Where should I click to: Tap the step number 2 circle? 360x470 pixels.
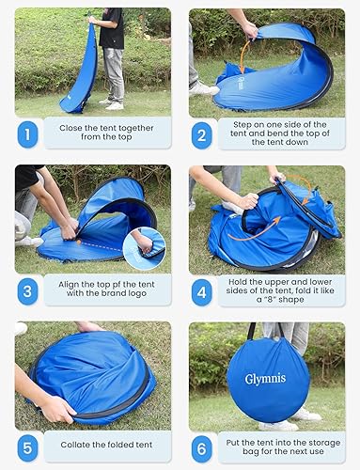[202, 133]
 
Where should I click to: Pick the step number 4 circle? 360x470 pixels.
[202, 290]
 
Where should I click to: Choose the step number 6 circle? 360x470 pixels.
[202, 446]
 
